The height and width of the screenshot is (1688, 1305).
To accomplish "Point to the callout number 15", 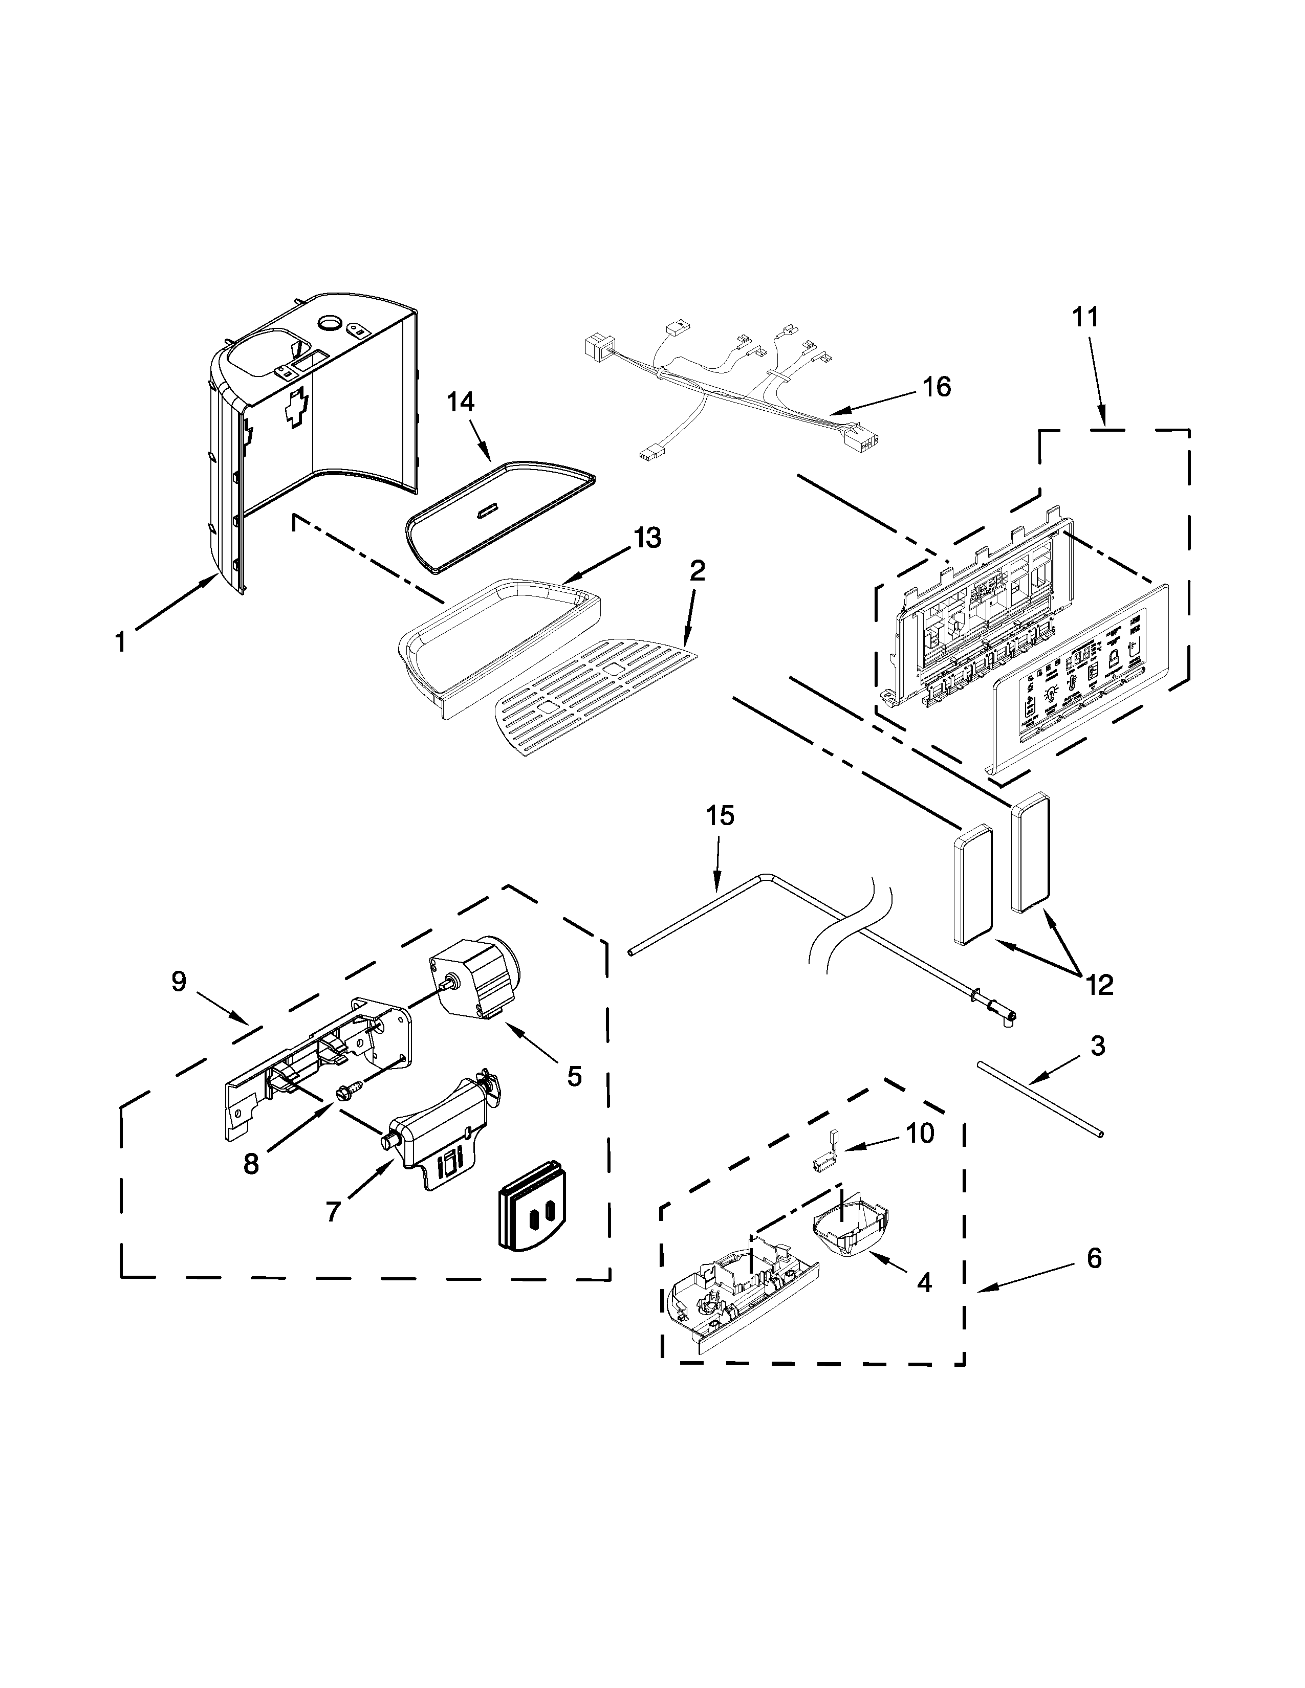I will point(720,816).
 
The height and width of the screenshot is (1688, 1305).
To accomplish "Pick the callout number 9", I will point(179,982).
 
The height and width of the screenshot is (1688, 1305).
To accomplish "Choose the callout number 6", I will point(1093,1258).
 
